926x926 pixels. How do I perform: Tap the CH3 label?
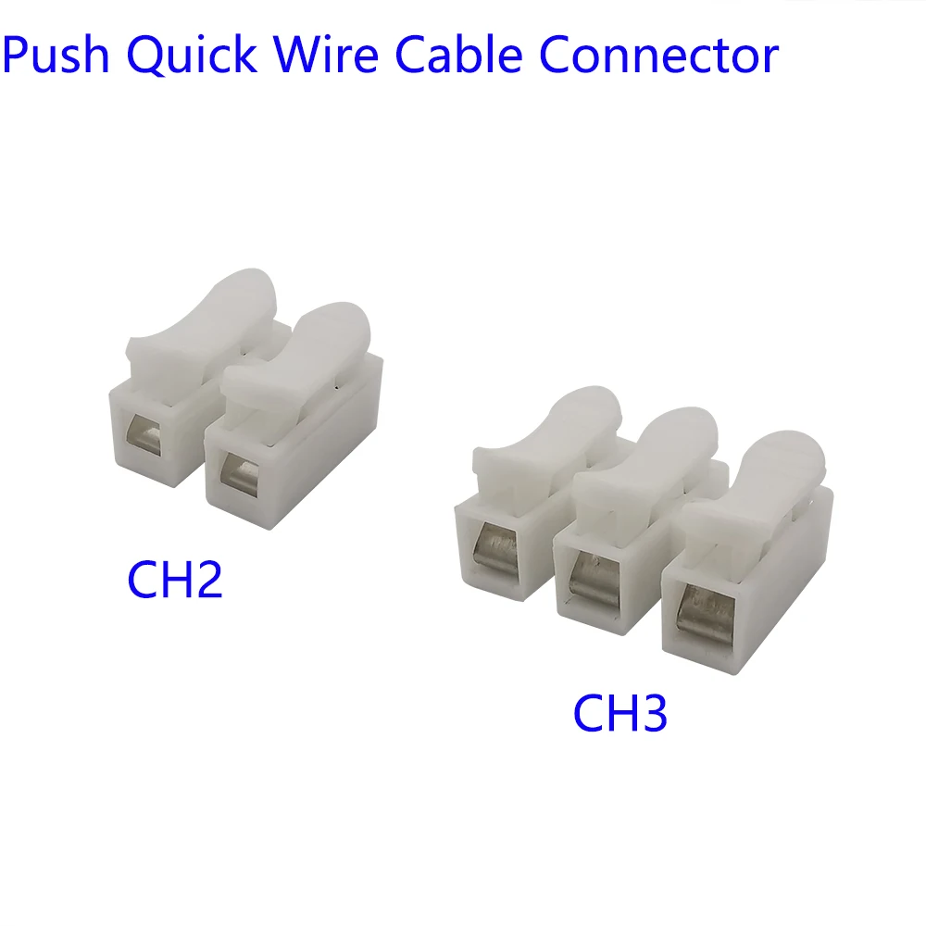click(x=620, y=713)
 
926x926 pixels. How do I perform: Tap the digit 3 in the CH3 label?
click(x=650, y=713)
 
